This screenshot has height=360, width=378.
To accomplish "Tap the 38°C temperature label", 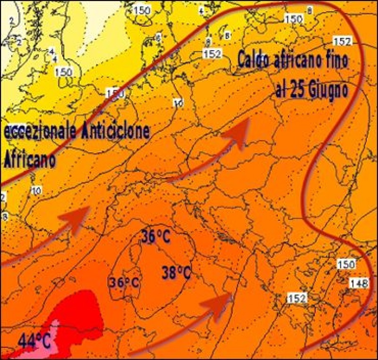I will click(176, 272).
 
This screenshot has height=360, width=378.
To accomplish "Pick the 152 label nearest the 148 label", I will click(296, 298).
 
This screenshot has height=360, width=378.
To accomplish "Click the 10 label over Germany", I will click(178, 103).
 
